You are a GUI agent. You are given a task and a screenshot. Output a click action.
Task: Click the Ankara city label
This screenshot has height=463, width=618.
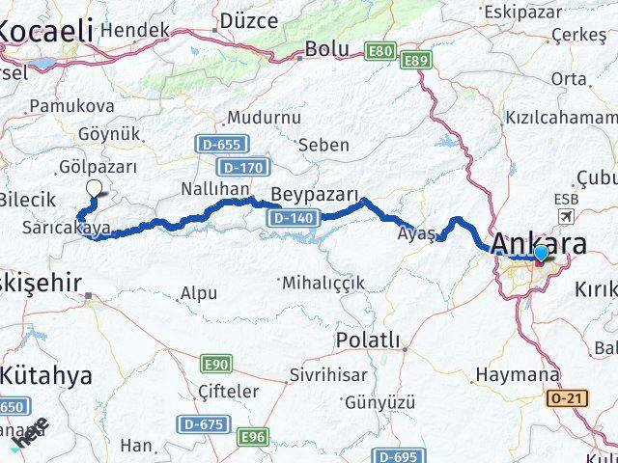pyautogui.click(x=538, y=244)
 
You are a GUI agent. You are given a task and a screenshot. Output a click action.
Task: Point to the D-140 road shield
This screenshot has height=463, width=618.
pyautogui.click(x=292, y=220)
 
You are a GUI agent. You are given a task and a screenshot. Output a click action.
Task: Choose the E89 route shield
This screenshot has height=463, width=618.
pyautogui.click(x=416, y=61)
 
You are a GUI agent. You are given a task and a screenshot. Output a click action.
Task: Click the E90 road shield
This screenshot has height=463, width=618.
pyautogui.click(x=216, y=364)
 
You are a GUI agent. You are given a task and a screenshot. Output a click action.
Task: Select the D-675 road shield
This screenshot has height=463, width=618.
pyautogui.click(x=203, y=423)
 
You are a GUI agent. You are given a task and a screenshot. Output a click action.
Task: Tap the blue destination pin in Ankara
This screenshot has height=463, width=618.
pyautogui.click(x=540, y=255)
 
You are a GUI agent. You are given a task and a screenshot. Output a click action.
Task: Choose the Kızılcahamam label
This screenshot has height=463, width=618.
pyautogui.click(x=559, y=117)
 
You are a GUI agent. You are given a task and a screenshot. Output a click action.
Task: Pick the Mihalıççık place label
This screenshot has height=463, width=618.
pyautogui.click(x=323, y=283)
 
